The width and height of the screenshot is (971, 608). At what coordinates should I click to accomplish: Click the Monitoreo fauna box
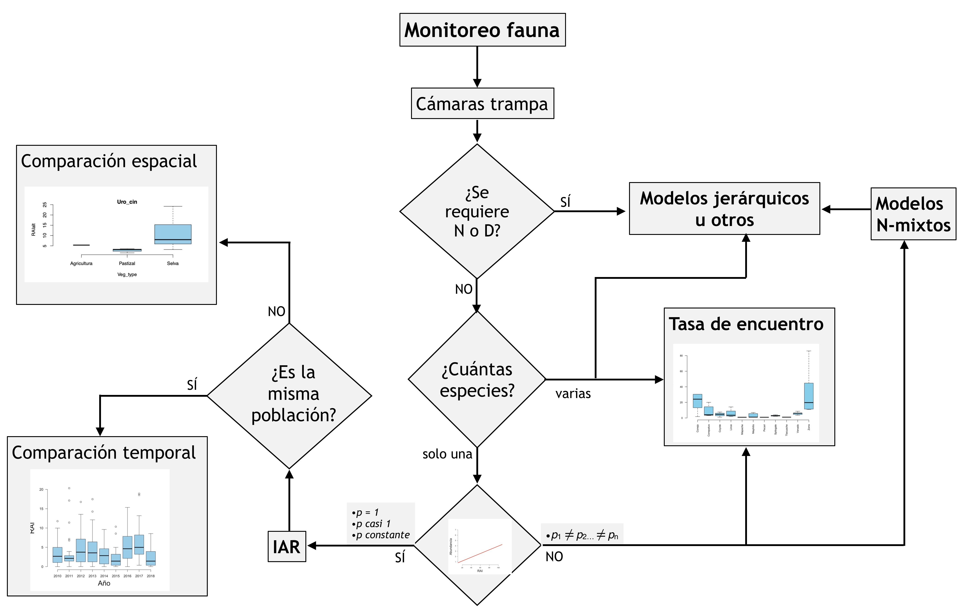482,30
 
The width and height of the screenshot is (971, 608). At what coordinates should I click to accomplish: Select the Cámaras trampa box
482,104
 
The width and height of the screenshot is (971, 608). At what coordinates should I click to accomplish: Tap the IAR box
287,546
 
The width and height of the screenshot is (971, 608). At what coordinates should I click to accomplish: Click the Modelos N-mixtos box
913,214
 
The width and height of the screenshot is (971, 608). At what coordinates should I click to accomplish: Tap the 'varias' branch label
573,394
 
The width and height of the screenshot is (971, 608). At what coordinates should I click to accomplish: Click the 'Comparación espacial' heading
109,161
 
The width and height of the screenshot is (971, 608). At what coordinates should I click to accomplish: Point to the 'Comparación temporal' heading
104,453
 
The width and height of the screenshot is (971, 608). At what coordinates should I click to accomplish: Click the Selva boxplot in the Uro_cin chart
173,234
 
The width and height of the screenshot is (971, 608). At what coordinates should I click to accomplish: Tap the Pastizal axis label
127,263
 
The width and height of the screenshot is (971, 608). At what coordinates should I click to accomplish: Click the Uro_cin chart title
127,202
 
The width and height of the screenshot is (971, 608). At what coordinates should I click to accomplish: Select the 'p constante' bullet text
383,535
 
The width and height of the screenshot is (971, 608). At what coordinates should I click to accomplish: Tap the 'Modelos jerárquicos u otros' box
724,209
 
